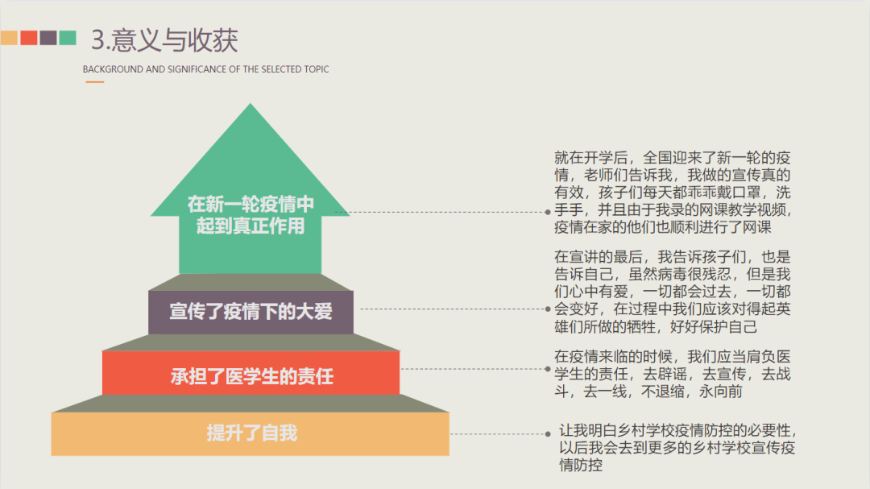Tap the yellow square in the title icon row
click(10, 38)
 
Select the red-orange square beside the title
click(29, 38)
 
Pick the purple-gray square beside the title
click(48, 38)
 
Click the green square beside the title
click(68, 38)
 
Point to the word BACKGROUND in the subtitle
click(112, 69)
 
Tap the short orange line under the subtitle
click(94, 82)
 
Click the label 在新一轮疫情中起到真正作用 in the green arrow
click(251, 214)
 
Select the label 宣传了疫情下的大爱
click(251, 311)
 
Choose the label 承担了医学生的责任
click(251, 375)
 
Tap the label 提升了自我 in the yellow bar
click(251, 433)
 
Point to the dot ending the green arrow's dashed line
click(547, 212)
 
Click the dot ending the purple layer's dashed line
click(547, 308)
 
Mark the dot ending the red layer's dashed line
click(547, 368)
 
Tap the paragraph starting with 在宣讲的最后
click(673, 292)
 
